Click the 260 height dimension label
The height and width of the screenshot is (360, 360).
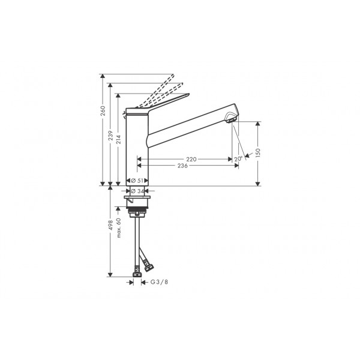pyautogui.click(x=103, y=110)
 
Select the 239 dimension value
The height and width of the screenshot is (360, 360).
pyautogui.click(x=111, y=136)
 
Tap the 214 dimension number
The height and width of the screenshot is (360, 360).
pyautogui.click(x=118, y=140)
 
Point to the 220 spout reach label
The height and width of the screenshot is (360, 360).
pyautogui.click(x=191, y=159)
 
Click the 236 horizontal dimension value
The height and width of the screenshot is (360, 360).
pyautogui.click(x=183, y=166)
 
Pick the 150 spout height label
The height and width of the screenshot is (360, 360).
pyautogui.click(x=258, y=153)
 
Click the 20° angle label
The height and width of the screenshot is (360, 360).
pyautogui.click(x=238, y=158)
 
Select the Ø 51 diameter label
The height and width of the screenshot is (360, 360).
pyautogui.click(x=137, y=181)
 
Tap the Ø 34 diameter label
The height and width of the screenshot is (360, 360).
pyautogui.click(x=137, y=191)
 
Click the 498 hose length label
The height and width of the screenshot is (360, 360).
pyautogui.click(x=111, y=225)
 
